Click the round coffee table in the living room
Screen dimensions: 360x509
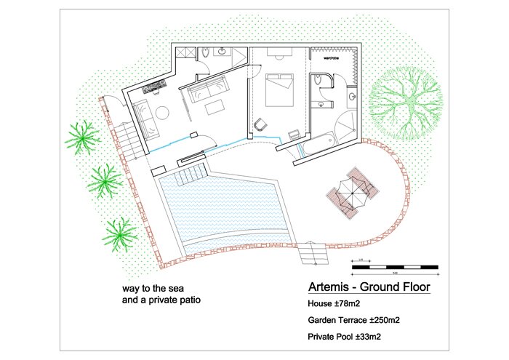pyautogui.click(x=161, y=112)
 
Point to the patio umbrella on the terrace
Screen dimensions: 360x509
pyautogui.click(x=352, y=193)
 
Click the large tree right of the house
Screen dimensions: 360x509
pyautogui.click(x=408, y=102)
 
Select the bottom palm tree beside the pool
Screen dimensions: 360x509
pyautogui.click(x=119, y=234)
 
